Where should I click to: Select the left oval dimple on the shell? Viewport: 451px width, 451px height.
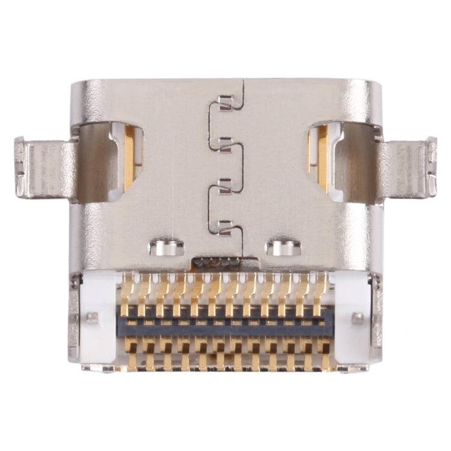pos(167,247)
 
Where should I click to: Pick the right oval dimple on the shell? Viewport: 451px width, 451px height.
pos(283,247)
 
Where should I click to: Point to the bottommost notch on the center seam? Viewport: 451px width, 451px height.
pos(225,227)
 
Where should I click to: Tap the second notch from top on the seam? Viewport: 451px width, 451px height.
pos(225,143)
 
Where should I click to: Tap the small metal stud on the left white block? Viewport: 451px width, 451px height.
pos(92,317)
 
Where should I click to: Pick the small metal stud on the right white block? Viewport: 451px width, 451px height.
pos(358,317)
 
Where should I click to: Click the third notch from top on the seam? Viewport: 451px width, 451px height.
pos(225,185)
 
